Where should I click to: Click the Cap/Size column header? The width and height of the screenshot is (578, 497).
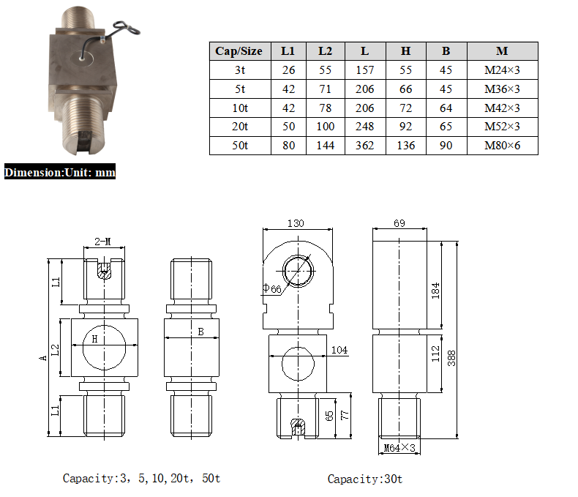[239, 51]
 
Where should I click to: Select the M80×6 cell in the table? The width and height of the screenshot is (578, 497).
[502, 146]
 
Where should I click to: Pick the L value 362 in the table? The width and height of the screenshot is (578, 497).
[364, 146]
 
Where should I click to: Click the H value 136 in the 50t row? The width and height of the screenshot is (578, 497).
[405, 146]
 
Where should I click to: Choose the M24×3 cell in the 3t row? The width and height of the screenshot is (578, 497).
[502, 70]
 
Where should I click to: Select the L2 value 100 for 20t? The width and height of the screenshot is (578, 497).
[326, 127]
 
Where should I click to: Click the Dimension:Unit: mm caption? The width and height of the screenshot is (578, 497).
[59, 173]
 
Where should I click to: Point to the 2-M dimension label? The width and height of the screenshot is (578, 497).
[103, 242]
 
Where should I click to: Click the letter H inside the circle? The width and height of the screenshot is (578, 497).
[94, 338]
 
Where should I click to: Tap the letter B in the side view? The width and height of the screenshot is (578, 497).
[200, 332]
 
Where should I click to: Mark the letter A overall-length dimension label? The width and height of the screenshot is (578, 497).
[43, 357]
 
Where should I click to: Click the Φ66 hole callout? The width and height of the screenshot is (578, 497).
[271, 289]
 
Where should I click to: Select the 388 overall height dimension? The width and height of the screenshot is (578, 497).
[452, 358]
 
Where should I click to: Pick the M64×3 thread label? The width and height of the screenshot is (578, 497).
[399, 447]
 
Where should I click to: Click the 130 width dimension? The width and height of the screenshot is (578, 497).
[296, 224]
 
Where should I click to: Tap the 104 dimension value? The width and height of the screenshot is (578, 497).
[339, 350]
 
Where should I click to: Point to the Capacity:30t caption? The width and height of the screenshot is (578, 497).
[364, 479]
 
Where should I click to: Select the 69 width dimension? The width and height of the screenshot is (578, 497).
[399, 224]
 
